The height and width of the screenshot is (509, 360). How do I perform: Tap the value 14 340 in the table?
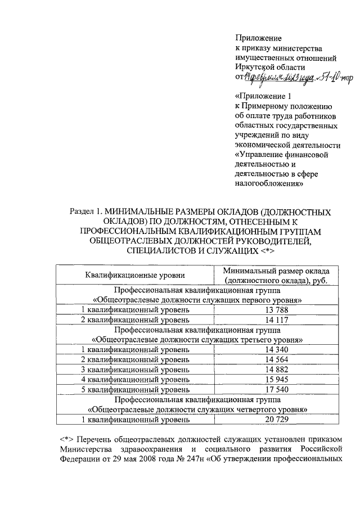276,350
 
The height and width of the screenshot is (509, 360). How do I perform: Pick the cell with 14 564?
276,360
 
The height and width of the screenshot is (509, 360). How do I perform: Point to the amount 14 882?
276,370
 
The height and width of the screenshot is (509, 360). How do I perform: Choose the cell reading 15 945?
276,380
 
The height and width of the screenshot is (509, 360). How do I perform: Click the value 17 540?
276,389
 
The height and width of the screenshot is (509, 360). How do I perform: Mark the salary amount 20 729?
276,420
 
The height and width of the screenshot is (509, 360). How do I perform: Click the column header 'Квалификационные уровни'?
135,275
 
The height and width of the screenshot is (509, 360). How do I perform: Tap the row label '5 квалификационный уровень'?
135,389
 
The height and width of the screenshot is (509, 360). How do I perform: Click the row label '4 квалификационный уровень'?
135,380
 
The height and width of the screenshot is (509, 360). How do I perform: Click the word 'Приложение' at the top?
258,38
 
